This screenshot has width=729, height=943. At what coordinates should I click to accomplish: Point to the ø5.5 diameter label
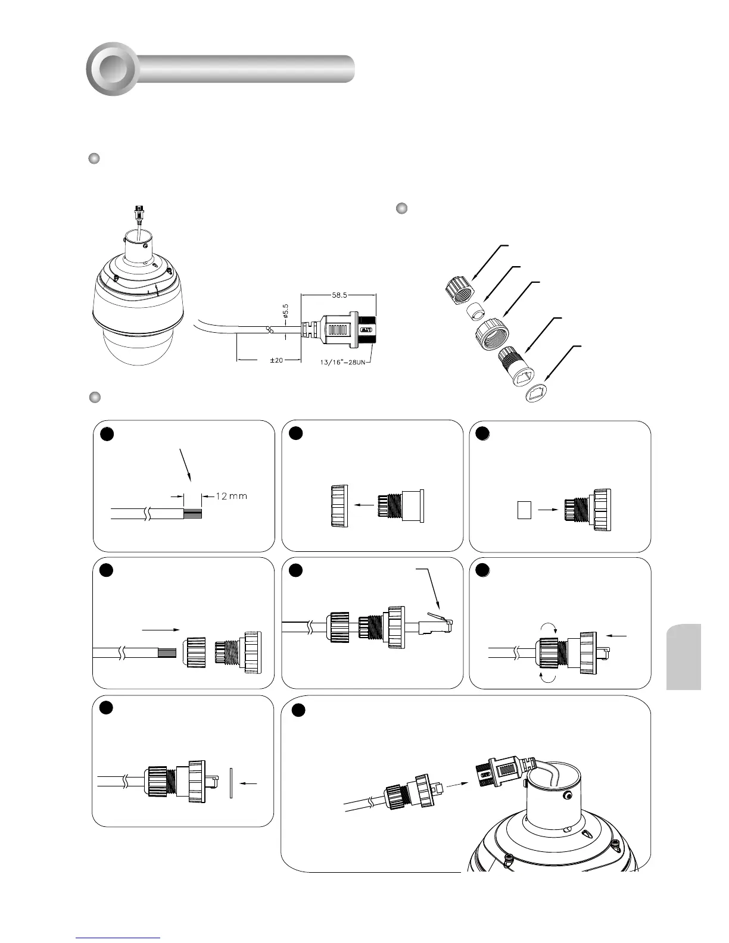(x=285, y=314)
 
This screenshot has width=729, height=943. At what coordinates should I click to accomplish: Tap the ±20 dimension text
(x=276, y=361)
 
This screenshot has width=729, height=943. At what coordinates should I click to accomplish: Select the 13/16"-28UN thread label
(x=342, y=362)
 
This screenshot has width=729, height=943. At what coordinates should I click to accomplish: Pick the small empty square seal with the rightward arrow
(x=524, y=510)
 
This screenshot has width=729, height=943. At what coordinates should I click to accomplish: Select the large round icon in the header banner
(x=113, y=69)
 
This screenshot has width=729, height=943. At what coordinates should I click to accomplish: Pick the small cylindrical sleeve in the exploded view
(x=475, y=311)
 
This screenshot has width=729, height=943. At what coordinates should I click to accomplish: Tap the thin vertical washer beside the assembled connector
(x=230, y=783)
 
